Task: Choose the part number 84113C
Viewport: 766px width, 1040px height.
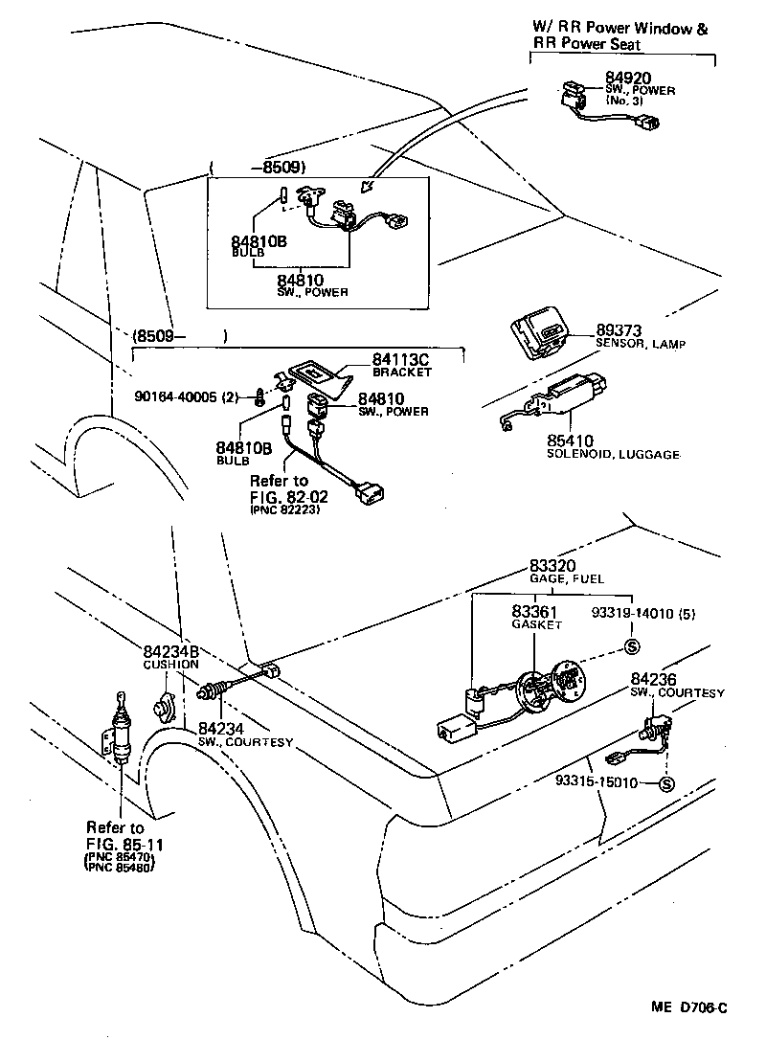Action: (x=399, y=359)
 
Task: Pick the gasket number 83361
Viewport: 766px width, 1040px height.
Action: (x=536, y=611)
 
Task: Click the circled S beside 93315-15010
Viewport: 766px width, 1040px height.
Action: (x=667, y=784)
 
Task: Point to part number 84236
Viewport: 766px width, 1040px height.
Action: (x=655, y=679)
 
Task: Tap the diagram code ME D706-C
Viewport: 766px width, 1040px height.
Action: (x=689, y=1007)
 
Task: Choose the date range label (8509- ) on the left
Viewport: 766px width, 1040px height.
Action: (x=178, y=337)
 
